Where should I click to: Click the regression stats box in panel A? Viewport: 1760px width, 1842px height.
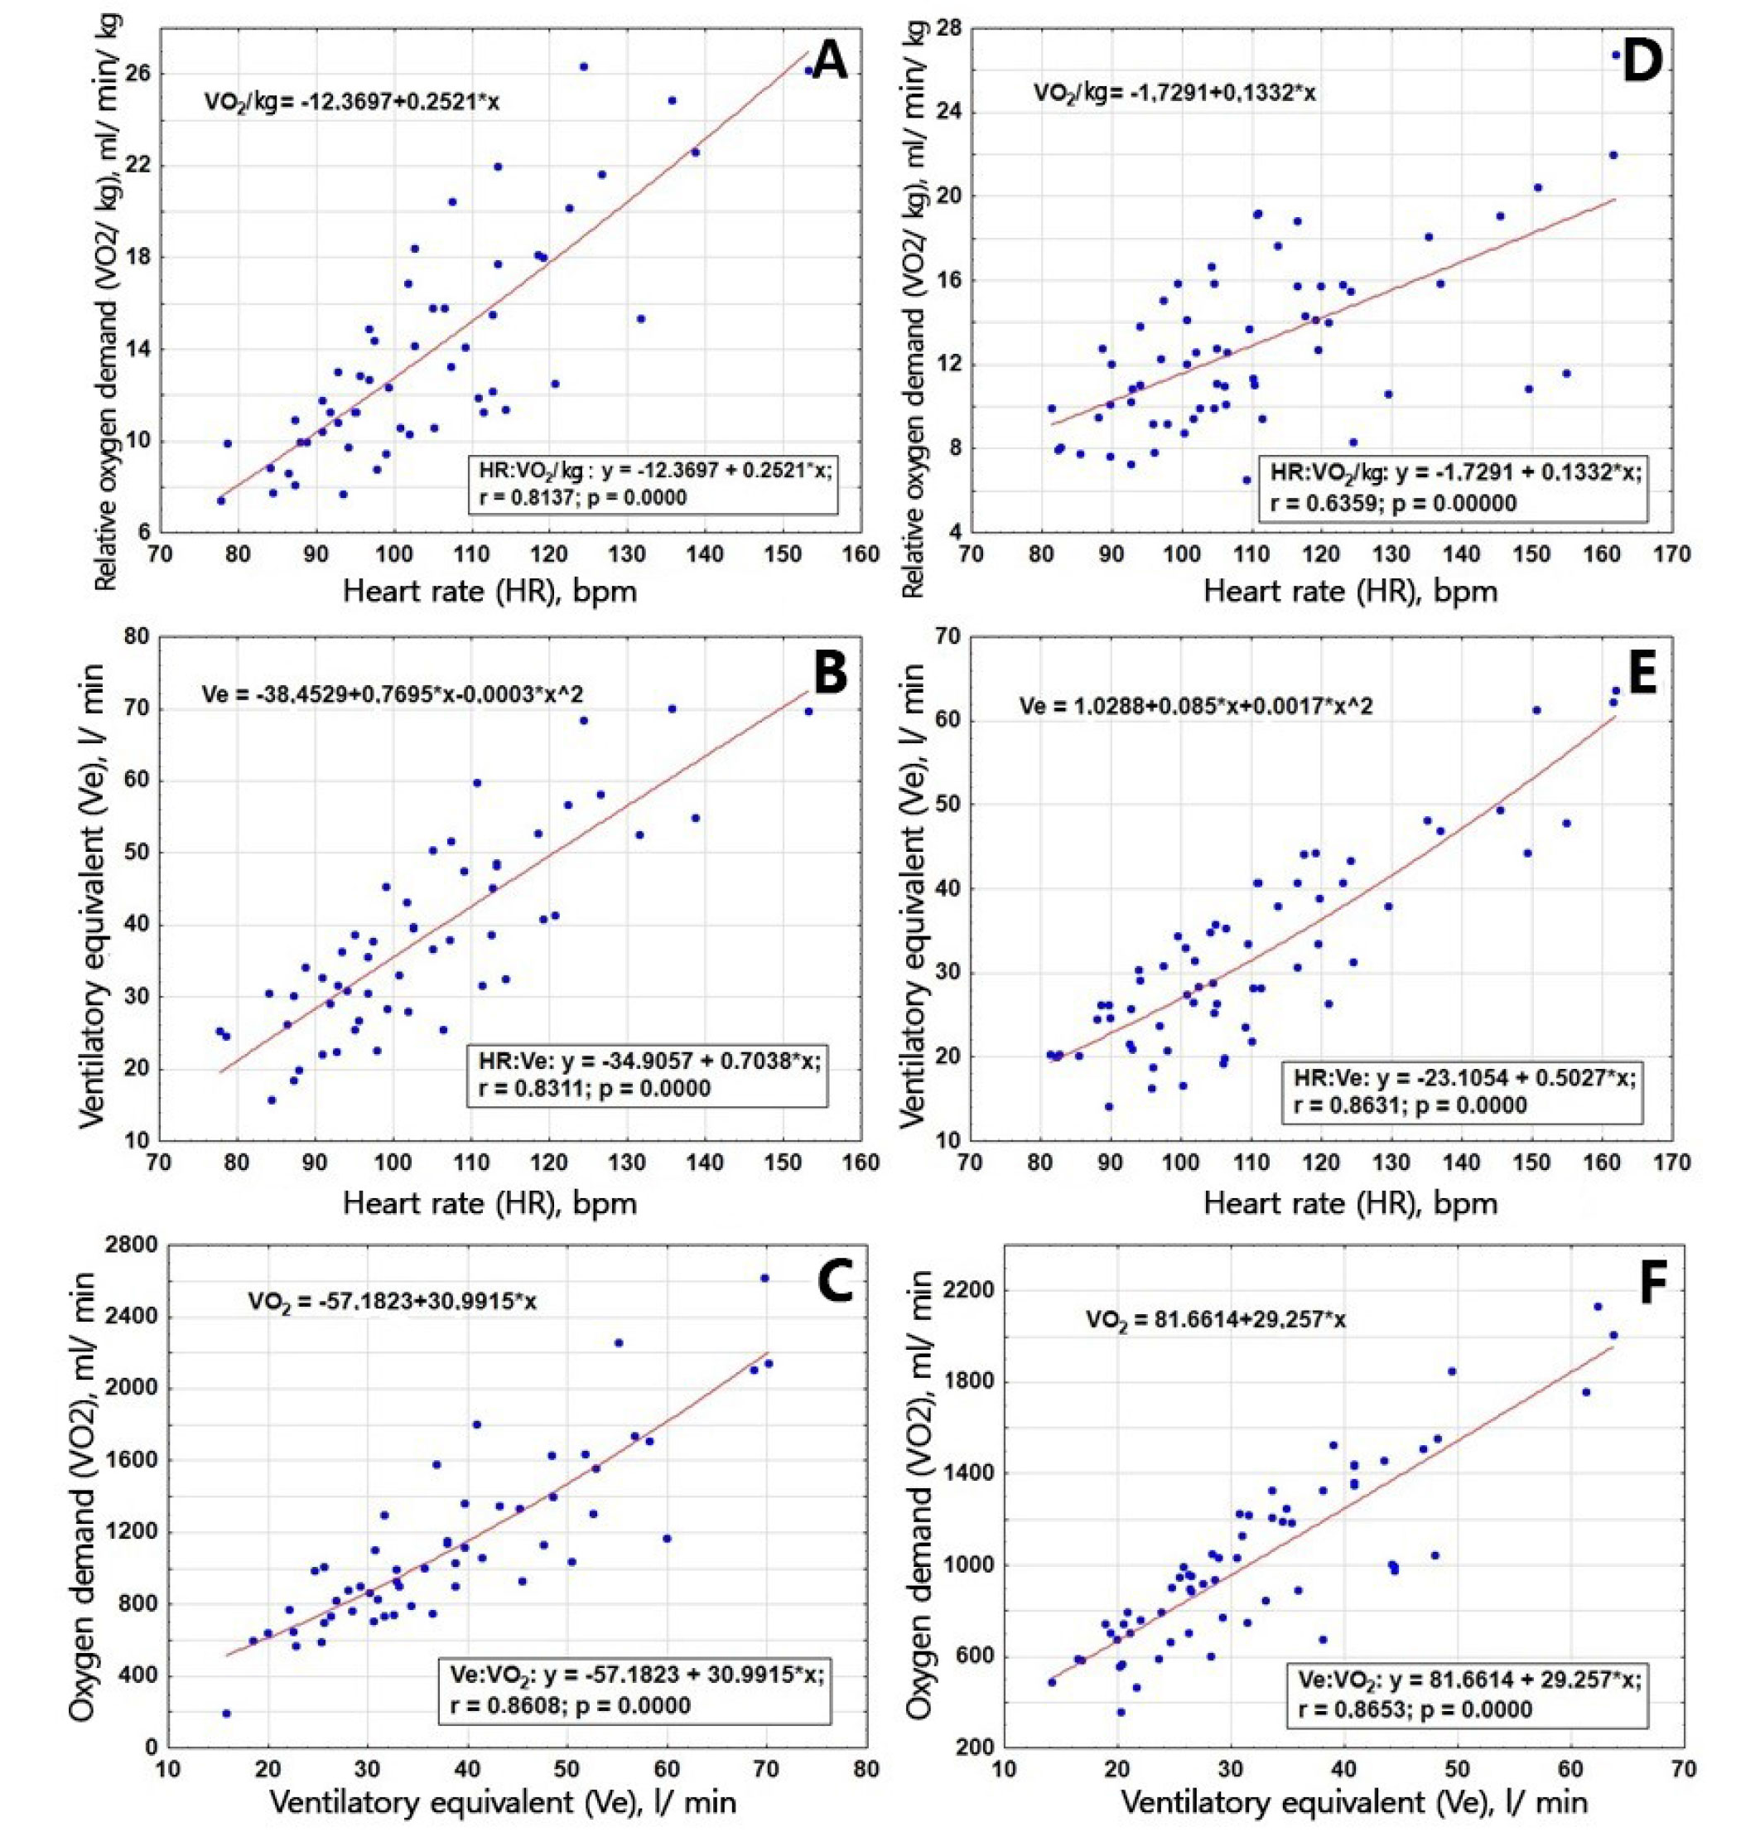point(652,484)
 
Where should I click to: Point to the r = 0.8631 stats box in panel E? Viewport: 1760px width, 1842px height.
point(1463,1091)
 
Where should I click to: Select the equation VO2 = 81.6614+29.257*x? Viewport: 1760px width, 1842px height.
point(1216,1320)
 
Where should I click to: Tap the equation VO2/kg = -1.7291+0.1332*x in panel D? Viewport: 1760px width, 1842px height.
point(1174,93)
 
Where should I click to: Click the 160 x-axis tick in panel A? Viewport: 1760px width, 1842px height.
point(861,554)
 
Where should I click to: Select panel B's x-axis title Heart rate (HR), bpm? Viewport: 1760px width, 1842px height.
point(489,1203)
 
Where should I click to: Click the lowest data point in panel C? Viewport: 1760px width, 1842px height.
point(226,1714)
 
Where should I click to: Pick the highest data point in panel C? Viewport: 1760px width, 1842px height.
point(764,1278)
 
